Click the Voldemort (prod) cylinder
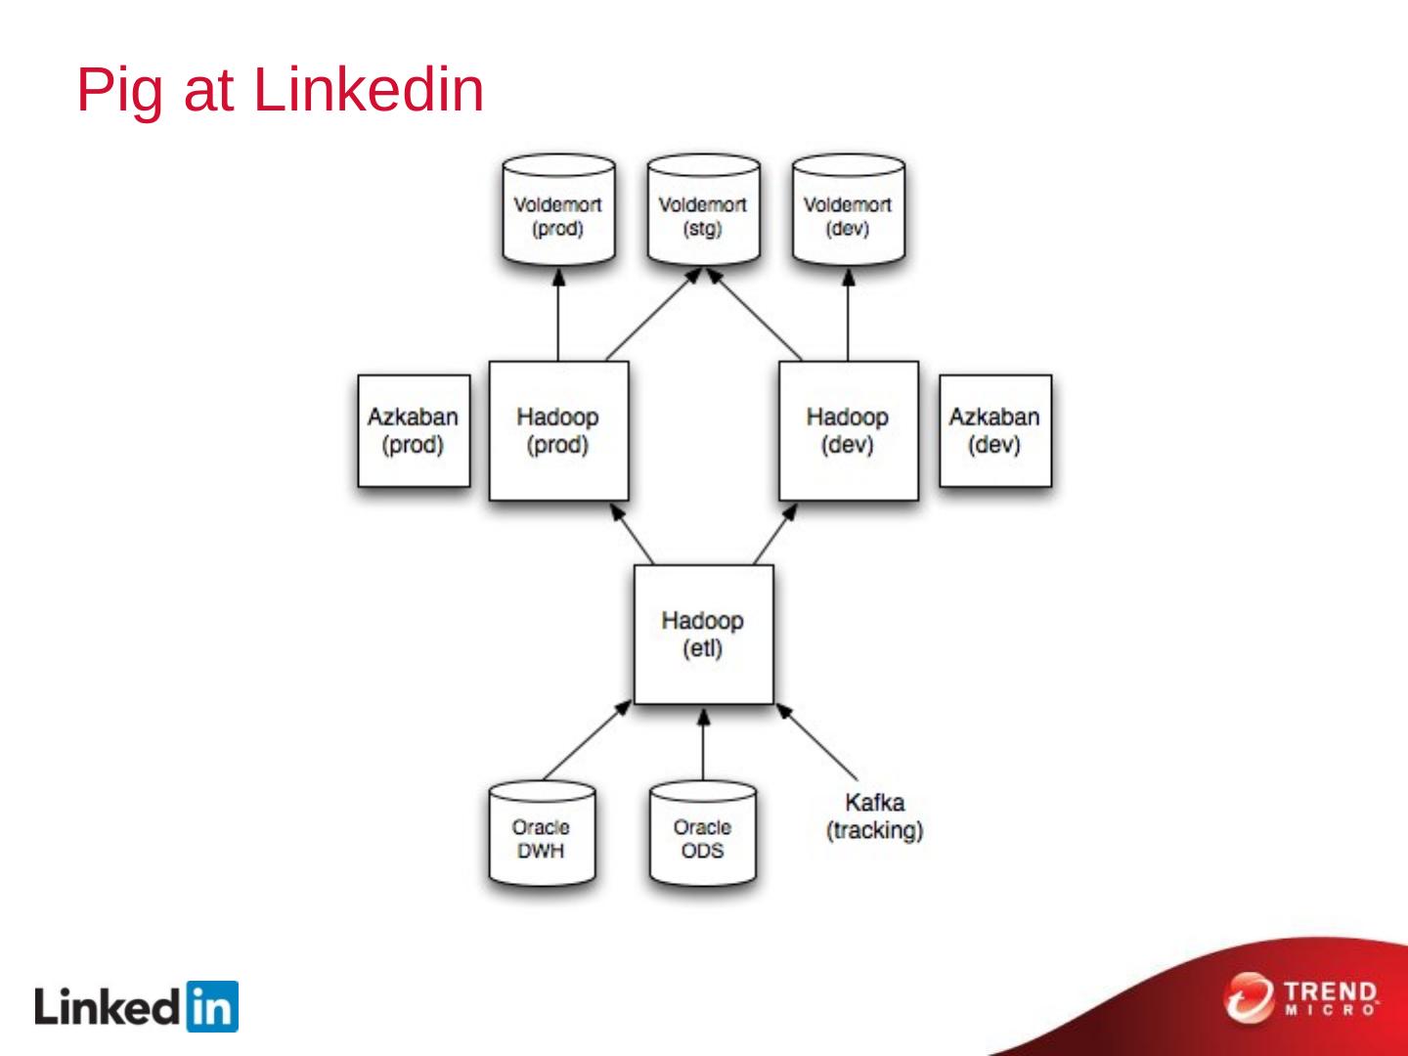pos(558,212)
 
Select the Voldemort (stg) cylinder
pos(702,212)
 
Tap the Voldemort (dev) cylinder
pos(848,212)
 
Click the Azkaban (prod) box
pos(413,431)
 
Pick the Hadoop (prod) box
pos(558,431)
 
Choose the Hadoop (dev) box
pos(848,431)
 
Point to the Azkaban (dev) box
pos(994,431)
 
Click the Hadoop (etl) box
pos(703,635)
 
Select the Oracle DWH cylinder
pos(541,835)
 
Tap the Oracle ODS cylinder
pos(702,835)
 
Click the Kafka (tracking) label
pos(874,816)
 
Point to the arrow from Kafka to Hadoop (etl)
pos(817,742)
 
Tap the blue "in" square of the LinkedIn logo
pos(210,1006)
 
